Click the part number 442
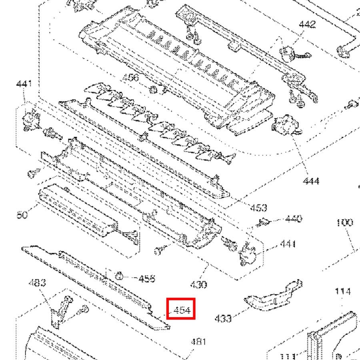tap(307, 24)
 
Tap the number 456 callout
tap(130, 77)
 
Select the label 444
tap(311, 181)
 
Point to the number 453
tap(258, 208)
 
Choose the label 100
tap(344, 222)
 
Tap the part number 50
tap(22, 215)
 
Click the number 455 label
tap(147, 278)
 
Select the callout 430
tap(199, 284)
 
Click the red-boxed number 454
tap(181, 310)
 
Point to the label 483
tap(37, 283)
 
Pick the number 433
tap(223, 318)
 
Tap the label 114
tap(343, 292)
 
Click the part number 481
tap(198, 342)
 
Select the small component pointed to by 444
tap(285, 125)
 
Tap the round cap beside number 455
tap(119, 275)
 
